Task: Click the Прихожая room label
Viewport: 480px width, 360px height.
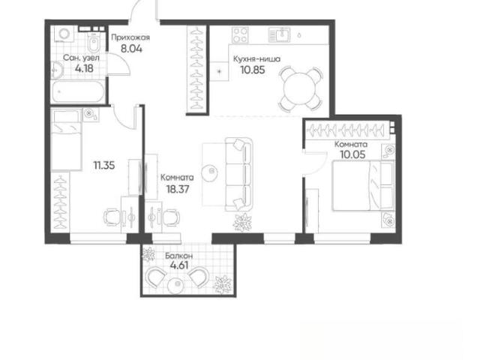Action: click(x=130, y=37)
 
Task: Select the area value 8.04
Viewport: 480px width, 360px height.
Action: click(x=131, y=49)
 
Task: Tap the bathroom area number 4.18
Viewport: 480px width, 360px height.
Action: click(x=84, y=68)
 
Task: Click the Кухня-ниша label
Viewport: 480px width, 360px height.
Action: click(x=256, y=58)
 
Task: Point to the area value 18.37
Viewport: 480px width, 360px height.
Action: click(x=178, y=189)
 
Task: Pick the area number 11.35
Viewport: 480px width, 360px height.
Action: click(x=104, y=166)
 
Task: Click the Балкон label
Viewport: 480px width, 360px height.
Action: click(x=178, y=256)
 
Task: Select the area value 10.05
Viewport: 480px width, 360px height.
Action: click(x=352, y=154)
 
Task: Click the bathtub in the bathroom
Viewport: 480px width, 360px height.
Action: click(x=78, y=91)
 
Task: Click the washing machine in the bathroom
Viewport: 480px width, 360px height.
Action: click(x=64, y=34)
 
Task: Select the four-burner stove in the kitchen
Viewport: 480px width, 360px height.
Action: click(x=240, y=35)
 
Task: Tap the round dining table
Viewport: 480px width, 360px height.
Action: click(x=299, y=89)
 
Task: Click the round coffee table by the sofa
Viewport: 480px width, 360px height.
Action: click(x=211, y=171)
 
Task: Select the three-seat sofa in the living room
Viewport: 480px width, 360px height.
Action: click(x=238, y=174)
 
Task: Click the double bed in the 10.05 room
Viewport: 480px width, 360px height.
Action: click(x=363, y=185)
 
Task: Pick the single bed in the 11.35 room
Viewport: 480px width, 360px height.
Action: click(x=66, y=139)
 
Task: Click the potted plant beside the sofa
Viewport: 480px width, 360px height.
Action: click(x=242, y=222)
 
